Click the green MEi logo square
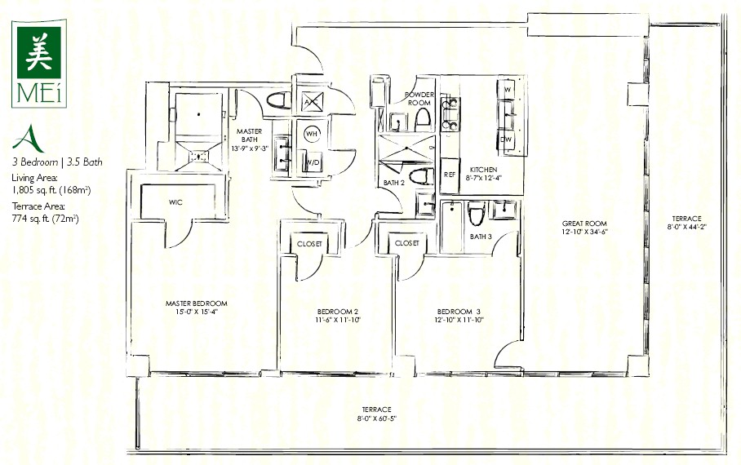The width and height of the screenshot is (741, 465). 38,52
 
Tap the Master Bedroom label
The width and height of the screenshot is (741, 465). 196,303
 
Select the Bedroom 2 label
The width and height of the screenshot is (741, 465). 337,312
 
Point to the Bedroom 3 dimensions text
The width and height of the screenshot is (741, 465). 459,320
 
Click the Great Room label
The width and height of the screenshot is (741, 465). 584,224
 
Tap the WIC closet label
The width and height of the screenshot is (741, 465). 175,202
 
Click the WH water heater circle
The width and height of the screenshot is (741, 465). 312,134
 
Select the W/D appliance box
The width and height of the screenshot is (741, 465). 313,162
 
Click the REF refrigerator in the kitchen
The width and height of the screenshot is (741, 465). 450,175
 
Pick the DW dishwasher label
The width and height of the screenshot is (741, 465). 506,139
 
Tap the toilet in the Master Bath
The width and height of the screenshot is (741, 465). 279,100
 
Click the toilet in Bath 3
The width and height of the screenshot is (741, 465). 477,214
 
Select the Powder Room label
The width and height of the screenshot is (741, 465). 419,99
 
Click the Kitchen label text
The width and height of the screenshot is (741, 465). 483,169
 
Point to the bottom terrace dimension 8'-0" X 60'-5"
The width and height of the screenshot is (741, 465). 377,418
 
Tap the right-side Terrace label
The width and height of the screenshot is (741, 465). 686,219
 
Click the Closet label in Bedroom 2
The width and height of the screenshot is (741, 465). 309,244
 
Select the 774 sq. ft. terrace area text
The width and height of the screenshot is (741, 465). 46,219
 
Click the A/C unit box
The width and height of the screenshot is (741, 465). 312,101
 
